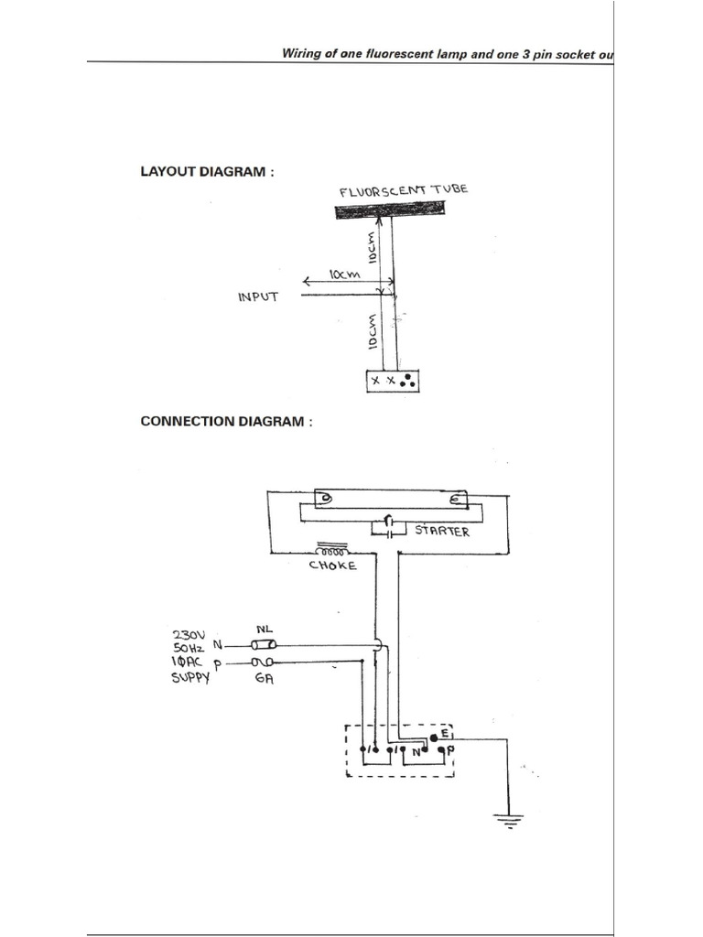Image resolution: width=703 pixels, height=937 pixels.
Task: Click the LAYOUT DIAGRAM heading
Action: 206,171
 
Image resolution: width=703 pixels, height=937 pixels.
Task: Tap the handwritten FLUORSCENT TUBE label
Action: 404,190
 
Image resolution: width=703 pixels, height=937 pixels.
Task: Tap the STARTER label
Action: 442,532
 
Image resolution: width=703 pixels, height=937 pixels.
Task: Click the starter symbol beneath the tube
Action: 389,526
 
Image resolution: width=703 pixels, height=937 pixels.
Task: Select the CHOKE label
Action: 332,566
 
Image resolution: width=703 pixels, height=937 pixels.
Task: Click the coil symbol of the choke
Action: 331,552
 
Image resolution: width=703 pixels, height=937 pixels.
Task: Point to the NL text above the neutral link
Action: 265,630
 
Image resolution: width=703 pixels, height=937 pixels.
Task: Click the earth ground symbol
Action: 506,819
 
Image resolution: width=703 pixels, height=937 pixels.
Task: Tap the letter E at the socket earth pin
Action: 445,734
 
